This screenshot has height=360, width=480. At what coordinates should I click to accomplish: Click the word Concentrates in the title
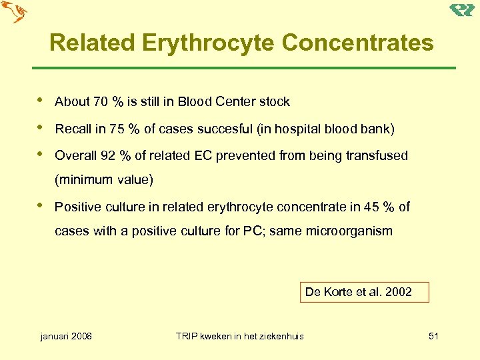(357, 43)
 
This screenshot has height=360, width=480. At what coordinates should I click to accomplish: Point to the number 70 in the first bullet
(101, 102)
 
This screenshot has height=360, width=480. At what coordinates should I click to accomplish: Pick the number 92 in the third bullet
(107, 155)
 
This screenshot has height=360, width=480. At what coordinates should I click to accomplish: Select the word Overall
(75, 155)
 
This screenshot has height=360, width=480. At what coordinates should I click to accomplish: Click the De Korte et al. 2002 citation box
(364, 292)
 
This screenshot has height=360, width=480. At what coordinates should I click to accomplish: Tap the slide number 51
(433, 336)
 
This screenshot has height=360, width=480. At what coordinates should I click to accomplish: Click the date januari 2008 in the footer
(67, 336)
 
